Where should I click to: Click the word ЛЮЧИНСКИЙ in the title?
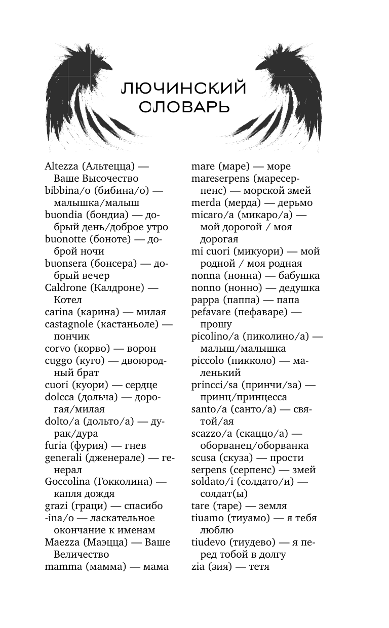(x=184, y=89)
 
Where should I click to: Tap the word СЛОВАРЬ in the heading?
(x=184, y=107)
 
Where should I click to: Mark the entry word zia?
(x=198, y=567)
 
